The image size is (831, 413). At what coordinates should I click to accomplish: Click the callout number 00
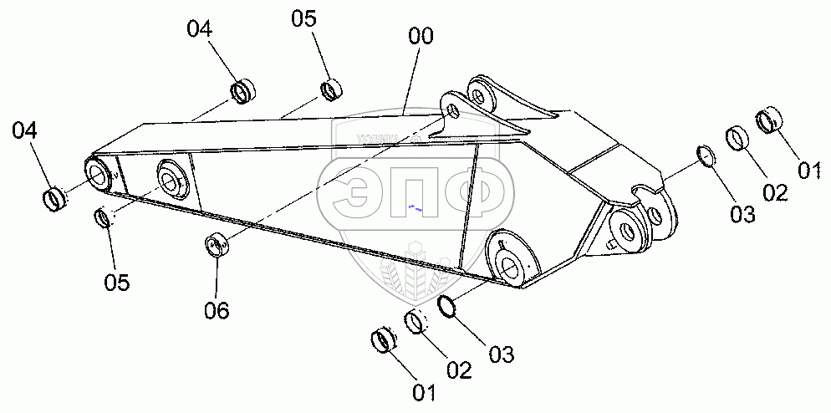(421, 38)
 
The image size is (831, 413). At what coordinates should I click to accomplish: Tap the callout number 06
(216, 310)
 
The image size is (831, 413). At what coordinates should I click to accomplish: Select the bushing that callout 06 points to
(217, 247)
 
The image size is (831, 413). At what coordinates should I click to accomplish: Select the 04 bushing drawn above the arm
(243, 90)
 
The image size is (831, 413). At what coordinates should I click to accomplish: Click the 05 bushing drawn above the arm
(332, 88)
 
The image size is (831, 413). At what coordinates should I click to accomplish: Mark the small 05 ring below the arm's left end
(104, 219)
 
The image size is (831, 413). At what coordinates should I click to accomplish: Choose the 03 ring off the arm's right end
(706, 156)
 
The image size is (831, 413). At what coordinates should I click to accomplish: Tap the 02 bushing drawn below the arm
(417, 321)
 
